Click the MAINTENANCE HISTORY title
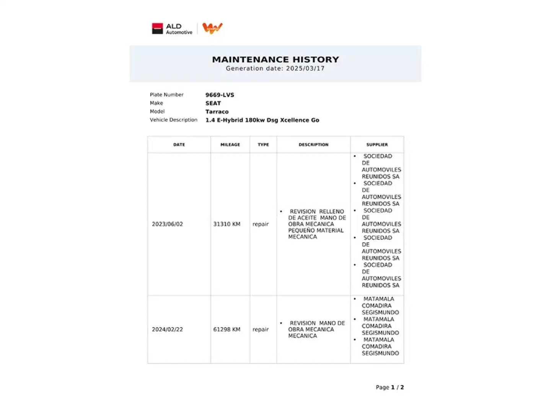click(x=275, y=59)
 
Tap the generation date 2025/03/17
click(x=305, y=69)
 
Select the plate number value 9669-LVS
click(x=220, y=95)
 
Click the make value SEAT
click(x=213, y=103)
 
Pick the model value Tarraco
click(x=217, y=112)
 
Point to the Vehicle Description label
click(x=173, y=120)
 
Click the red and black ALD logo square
click(x=157, y=29)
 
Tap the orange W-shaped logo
click(x=212, y=28)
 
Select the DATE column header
click(x=179, y=145)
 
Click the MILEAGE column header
click(x=230, y=145)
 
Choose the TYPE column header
click(x=263, y=145)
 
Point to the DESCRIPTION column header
click(x=313, y=145)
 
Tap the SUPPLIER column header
click(x=377, y=145)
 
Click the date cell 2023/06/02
click(x=167, y=224)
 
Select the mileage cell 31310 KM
click(x=227, y=224)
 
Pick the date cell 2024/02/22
click(x=167, y=330)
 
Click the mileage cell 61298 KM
click(x=227, y=330)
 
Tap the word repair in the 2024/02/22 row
click(x=261, y=330)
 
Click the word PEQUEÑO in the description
click(x=300, y=231)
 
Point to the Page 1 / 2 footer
click(x=390, y=388)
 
